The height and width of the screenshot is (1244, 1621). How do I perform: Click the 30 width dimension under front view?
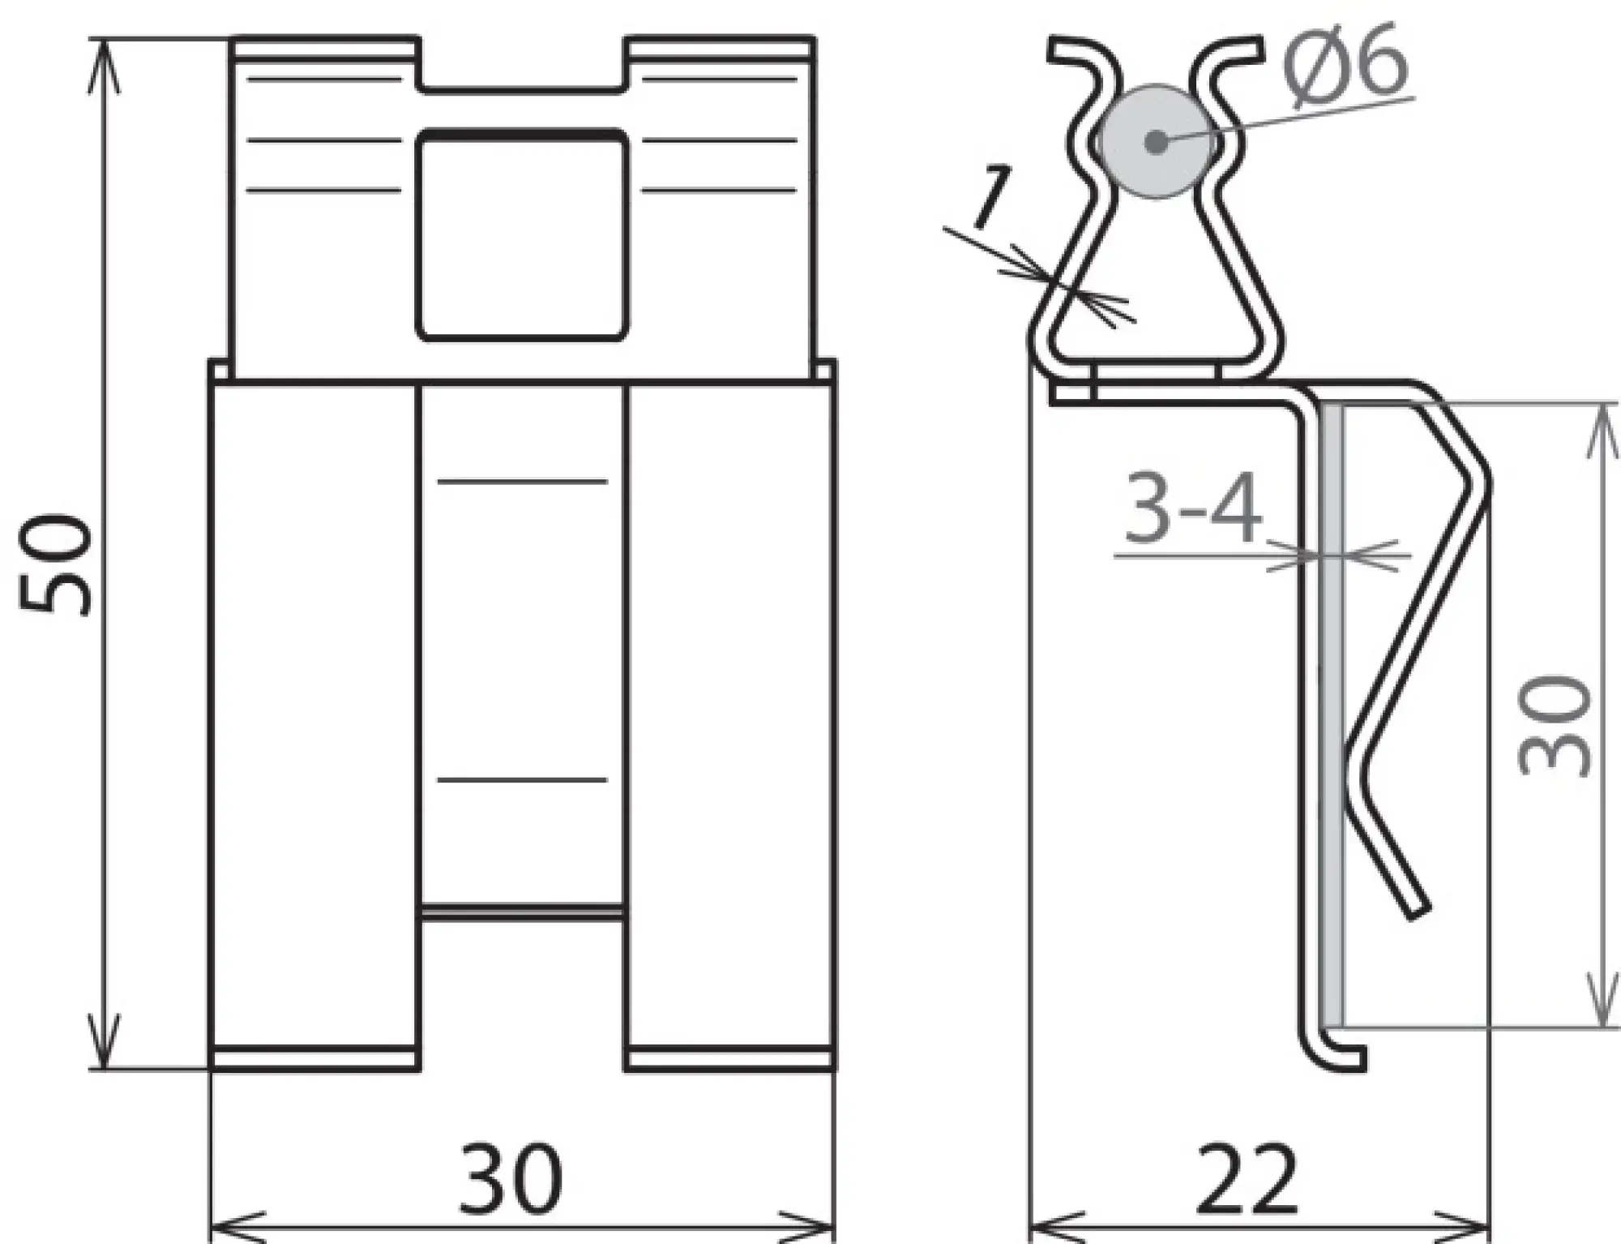pyautogui.click(x=510, y=1178)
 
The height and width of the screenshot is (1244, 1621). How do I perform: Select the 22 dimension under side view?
pyautogui.click(x=1247, y=1178)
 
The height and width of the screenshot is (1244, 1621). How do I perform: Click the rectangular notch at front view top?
pyautogui.click(x=523, y=62)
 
